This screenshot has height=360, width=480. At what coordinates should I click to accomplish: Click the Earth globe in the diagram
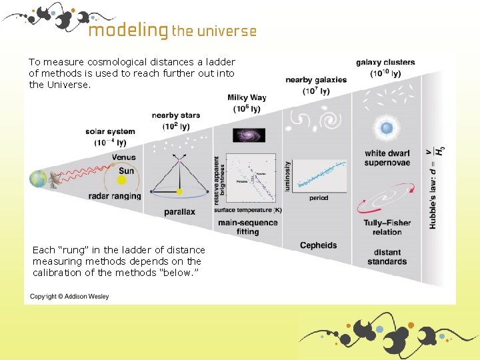(x=37, y=179)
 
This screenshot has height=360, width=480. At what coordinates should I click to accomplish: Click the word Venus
(x=123, y=157)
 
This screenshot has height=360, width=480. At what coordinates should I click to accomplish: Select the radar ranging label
(x=115, y=196)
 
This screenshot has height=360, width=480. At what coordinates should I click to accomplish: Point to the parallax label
(x=179, y=212)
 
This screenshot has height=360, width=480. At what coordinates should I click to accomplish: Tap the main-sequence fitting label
(x=247, y=227)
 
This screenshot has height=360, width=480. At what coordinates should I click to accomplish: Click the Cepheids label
(x=318, y=245)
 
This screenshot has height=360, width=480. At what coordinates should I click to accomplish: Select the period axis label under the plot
(x=318, y=198)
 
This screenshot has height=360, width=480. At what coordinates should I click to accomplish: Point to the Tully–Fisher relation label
(x=387, y=227)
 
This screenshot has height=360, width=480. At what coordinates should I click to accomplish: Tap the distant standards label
(x=387, y=257)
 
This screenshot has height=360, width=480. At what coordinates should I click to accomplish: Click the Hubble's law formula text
(x=437, y=187)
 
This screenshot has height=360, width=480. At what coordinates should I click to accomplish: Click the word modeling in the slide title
(x=127, y=30)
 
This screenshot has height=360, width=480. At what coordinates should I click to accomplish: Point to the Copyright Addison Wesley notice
(x=69, y=296)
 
